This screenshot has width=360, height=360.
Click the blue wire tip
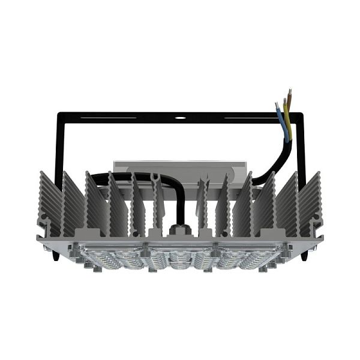click(x=277, y=106)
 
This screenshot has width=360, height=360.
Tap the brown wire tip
click(x=290, y=92)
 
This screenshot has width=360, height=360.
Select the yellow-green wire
click(x=287, y=117)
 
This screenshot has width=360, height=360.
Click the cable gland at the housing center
click(x=178, y=230)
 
